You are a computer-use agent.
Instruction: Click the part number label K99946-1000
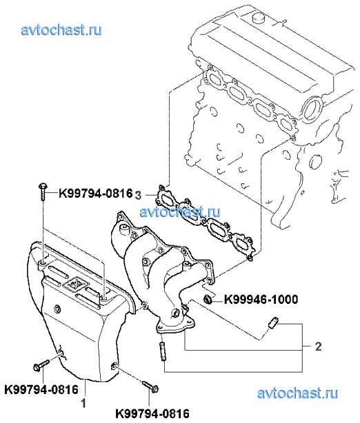coord(261,300)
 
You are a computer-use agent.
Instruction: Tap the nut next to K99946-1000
coord(208,299)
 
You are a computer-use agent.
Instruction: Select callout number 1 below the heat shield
coord(83,404)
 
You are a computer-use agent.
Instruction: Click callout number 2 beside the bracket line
coord(319,347)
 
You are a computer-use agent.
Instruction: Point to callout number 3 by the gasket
coord(138,196)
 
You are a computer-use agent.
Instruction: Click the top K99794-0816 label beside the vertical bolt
coord(96,194)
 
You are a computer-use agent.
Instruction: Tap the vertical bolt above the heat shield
coord(43,192)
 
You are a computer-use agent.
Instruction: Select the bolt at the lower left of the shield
coord(41,365)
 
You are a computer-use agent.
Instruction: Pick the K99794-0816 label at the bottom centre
coord(152,413)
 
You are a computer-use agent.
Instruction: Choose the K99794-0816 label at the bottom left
coord(41,389)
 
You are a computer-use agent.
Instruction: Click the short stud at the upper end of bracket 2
coord(273,322)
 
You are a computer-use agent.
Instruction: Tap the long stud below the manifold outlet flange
coord(163,351)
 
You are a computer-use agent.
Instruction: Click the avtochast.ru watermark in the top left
coord(61,30)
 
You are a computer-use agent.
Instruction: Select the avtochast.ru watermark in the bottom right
coord(297,393)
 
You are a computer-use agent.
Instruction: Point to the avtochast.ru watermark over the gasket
coord(180,211)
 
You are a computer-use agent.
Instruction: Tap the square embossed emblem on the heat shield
coord(74,285)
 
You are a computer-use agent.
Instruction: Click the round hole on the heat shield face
coord(57,309)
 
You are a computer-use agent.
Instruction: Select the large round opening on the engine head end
coord(312,110)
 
